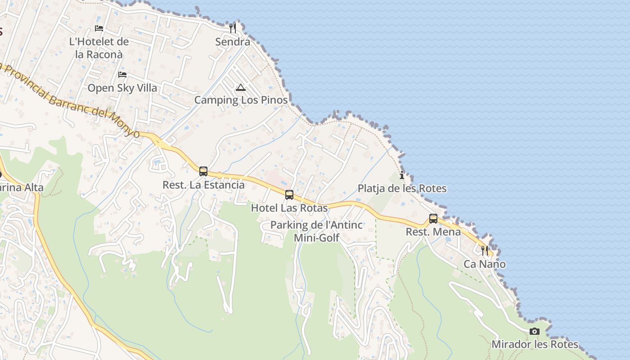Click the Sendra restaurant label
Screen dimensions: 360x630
pyautogui.click(x=232, y=42)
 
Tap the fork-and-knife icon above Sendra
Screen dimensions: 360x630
pyautogui.click(x=232, y=28)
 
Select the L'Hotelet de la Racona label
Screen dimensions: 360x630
pyautogui.click(x=99, y=48)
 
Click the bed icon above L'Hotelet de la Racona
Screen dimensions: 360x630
pyautogui.click(x=99, y=28)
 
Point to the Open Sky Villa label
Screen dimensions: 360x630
pyautogui.click(x=122, y=88)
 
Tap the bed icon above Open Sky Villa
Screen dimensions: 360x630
pyautogui.click(x=122, y=75)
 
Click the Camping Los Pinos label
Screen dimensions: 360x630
pyautogui.click(x=241, y=100)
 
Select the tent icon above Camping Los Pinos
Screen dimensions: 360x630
pyautogui.click(x=241, y=87)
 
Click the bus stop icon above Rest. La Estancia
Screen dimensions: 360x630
pyautogui.click(x=203, y=171)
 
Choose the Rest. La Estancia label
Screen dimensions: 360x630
pyautogui.click(x=203, y=185)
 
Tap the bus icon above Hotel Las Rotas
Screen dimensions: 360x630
pyautogui.click(x=289, y=195)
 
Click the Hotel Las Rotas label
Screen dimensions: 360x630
pyautogui.click(x=289, y=208)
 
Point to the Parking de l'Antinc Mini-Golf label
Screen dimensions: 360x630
pyautogui.click(x=316, y=231)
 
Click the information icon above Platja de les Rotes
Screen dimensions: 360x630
pyautogui.click(x=402, y=175)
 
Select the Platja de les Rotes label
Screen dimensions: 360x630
pyautogui.click(x=402, y=189)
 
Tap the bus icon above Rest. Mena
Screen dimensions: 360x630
pyautogui.click(x=433, y=219)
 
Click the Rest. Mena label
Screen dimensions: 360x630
pyautogui.click(x=433, y=232)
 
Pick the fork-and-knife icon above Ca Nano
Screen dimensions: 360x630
pyautogui.click(x=485, y=251)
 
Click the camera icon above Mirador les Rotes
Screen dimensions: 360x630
pyautogui.click(x=535, y=332)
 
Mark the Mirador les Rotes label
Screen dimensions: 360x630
pyautogui.click(x=535, y=345)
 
